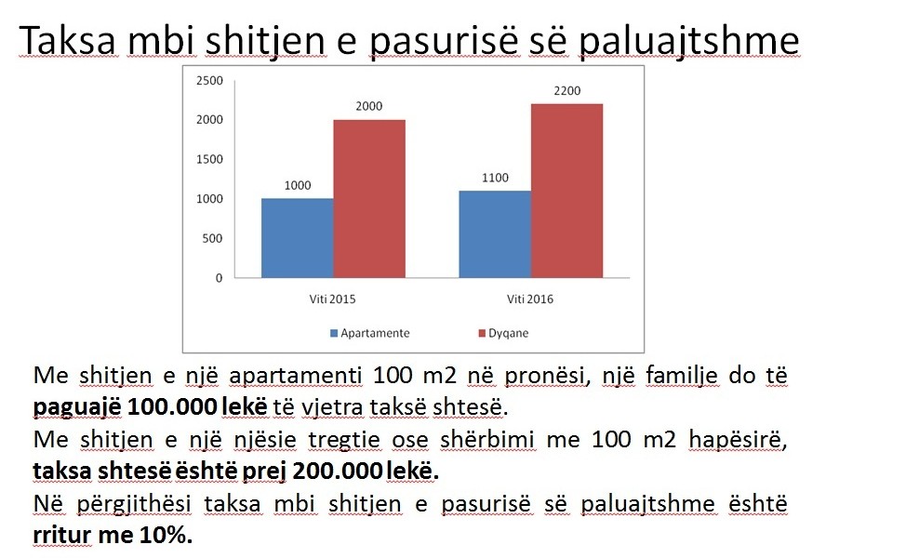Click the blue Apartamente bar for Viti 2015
[x=297, y=238]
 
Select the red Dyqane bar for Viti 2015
[x=369, y=199]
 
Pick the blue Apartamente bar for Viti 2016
[x=495, y=233]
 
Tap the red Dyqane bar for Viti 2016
[x=566, y=191]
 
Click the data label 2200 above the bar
[x=567, y=91]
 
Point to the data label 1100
[x=495, y=178]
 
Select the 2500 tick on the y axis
[x=209, y=80]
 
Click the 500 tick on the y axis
[x=212, y=239]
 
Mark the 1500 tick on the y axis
[x=209, y=159]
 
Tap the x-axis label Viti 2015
[x=332, y=299]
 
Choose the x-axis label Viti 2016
[x=530, y=299]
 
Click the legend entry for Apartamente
[x=370, y=333]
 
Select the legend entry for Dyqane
[x=503, y=333]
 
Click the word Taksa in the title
[x=68, y=40]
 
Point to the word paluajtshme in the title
[x=688, y=42]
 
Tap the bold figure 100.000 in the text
[x=171, y=406]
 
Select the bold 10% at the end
[x=166, y=535]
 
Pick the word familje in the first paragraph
[x=682, y=376]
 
